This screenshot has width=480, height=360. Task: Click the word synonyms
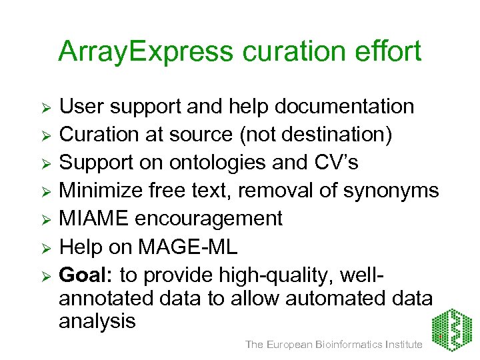coord(391,191)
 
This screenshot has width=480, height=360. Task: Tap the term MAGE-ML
coord(187,247)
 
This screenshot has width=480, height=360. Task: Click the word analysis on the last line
coord(97,321)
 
